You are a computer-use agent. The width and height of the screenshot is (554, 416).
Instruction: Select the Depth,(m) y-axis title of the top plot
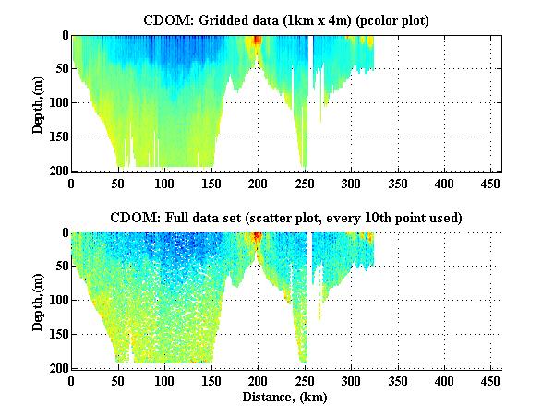pyautogui.click(x=38, y=103)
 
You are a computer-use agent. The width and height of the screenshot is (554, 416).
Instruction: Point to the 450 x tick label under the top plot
pyautogui.click(x=491, y=183)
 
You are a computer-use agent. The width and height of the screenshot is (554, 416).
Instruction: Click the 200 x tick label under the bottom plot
pyautogui.click(x=258, y=380)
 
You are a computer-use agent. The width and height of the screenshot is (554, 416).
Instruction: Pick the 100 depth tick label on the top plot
pyautogui.click(x=57, y=103)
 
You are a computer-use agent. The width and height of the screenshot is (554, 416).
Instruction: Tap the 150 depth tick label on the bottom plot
pyautogui.click(x=57, y=334)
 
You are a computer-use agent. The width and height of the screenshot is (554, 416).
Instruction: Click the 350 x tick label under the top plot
pyautogui.click(x=398, y=183)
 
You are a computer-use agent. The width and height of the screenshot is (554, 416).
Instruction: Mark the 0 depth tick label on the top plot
pyautogui.click(x=64, y=36)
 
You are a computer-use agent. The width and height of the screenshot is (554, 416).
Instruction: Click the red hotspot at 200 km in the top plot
pyautogui.click(x=258, y=42)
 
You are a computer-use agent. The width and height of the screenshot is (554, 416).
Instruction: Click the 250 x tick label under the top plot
pyautogui.click(x=305, y=183)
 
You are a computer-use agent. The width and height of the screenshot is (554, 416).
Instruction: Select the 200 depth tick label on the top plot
pyautogui.click(x=57, y=171)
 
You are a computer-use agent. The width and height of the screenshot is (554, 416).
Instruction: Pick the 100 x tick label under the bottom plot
pyautogui.click(x=164, y=380)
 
